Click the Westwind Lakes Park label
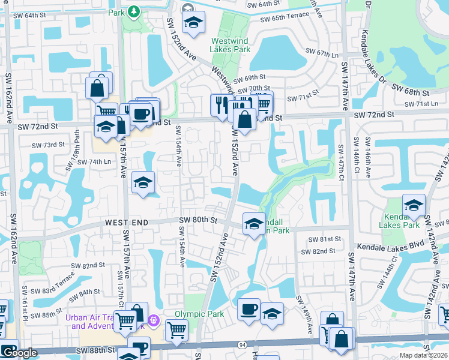coord(231,46)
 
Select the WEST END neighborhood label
coord(125,222)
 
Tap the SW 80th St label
coord(197,220)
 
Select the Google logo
coord(19,353)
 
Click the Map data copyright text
coord(424,355)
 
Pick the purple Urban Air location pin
coord(154,320)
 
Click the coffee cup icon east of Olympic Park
coord(249,309)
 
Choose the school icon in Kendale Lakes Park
coord(413,205)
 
